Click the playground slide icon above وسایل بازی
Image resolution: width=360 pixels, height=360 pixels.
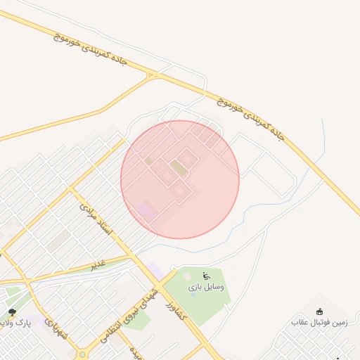pos(206,276)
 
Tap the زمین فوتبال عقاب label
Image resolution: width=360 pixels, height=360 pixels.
pos(319,322)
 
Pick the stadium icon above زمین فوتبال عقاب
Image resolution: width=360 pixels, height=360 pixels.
pos(320,311)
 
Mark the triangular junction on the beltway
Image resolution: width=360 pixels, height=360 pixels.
pos(154,75)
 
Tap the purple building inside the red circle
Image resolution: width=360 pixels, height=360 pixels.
pos(147,210)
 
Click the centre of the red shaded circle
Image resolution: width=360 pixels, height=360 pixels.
pos(180,179)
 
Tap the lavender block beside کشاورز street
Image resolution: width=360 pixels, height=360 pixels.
pos(155,269)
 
